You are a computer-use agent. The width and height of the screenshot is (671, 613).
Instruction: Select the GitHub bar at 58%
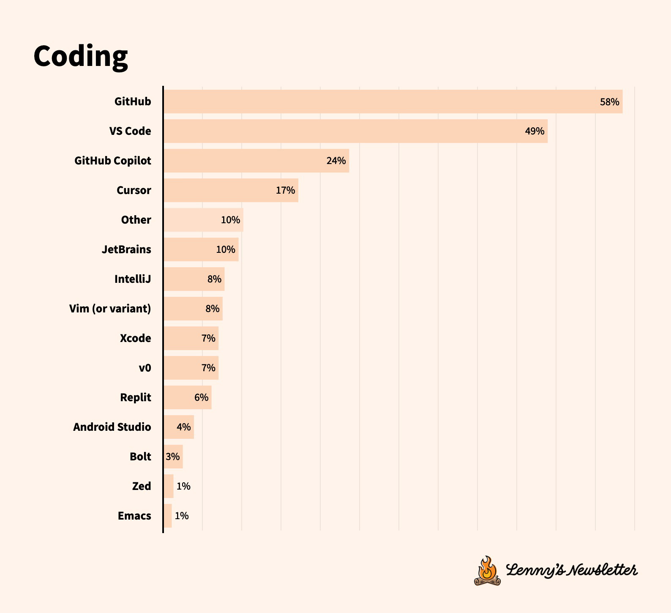click(393, 101)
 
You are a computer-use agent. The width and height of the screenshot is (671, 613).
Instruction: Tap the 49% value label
click(534, 131)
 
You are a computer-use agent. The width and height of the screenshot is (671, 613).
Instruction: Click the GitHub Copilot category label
click(112, 161)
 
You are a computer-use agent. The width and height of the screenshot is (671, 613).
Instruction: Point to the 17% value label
click(285, 190)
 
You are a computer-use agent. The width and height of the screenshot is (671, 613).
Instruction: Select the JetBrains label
click(126, 249)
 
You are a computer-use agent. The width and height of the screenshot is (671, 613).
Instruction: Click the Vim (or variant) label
click(110, 309)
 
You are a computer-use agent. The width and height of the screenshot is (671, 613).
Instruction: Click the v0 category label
click(145, 368)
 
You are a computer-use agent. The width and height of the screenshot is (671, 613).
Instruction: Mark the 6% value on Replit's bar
click(201, 397)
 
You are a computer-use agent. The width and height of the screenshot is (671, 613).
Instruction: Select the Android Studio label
click(112, 427)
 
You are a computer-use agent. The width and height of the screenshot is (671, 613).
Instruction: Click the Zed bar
click(169, 486)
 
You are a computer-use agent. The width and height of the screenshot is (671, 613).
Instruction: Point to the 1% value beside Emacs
click(182, 516)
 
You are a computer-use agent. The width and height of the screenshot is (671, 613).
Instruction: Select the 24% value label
click(336, 161)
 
